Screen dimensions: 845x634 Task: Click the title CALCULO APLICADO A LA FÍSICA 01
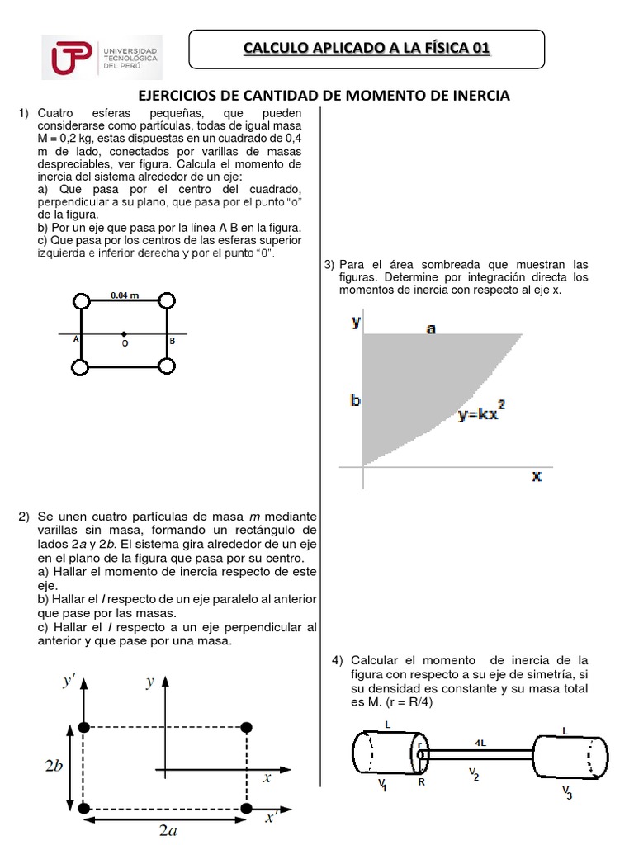tap(367, 49)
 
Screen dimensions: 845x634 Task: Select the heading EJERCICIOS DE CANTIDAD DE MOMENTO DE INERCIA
tap(322, 96)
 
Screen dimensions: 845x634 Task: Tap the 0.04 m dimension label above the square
tap(125, 295)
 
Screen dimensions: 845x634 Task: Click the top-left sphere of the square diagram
tap(81, 300)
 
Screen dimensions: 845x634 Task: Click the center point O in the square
tap(124, 334)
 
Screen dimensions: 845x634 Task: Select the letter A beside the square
tap(76, 339)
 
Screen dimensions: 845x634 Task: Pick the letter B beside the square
tap(172, 340)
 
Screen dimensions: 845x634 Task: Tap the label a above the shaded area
tap(431, 328)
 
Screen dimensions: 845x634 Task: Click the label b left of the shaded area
tap(355, 401)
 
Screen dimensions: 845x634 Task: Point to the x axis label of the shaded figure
tap(537, 476)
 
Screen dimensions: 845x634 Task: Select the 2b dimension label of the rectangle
tap(53, 766)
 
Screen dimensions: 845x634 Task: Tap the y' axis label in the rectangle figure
tap(69, 682)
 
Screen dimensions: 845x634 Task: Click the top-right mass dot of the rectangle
tap(246, 726)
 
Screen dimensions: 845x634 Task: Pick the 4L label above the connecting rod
tap(480, 742)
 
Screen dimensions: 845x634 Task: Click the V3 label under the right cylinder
tap(567, 791)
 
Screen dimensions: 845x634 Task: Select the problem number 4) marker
tap(337, 660)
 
